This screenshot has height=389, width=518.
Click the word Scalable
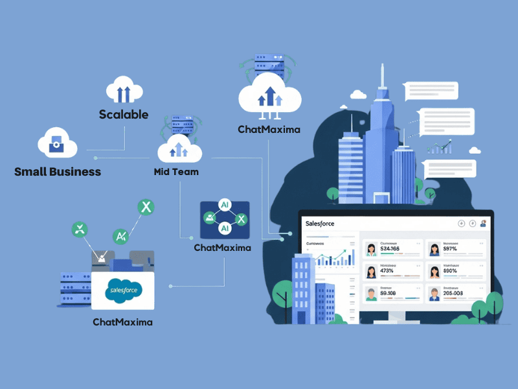(x=123, y=115)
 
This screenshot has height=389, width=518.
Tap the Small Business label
(x=58, y=172)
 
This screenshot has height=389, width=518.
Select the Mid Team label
(x=176, y=172)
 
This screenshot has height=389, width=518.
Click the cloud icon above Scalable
(x=124, y=89)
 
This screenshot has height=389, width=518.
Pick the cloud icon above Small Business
(x=56, y=143)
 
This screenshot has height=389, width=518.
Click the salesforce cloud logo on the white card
(x=123, y=287)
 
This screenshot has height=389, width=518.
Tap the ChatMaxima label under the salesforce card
(x=122, y=322)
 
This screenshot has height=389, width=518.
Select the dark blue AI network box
(x=225, y=218)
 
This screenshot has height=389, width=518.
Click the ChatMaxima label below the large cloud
(x=269, y=129)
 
